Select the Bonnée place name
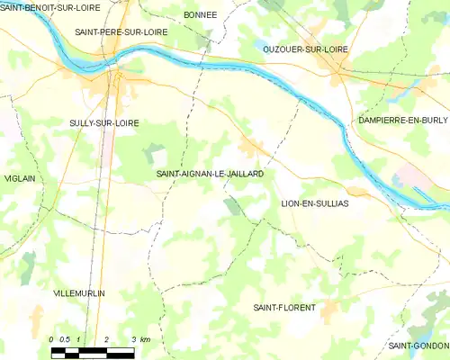click(200, 15)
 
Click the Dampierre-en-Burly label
click(402, 120)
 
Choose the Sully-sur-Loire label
click(104, 122)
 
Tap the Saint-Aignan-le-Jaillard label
click(210, 173)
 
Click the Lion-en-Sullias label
click(315, 203)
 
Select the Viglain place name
click(19, 178)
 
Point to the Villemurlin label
click(79, 294)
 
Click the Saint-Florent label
click(284, 308)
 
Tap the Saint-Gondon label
click(418, 346)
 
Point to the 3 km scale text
click(139, 338)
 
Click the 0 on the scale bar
click(51, 338)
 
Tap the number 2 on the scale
click(107, 338)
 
